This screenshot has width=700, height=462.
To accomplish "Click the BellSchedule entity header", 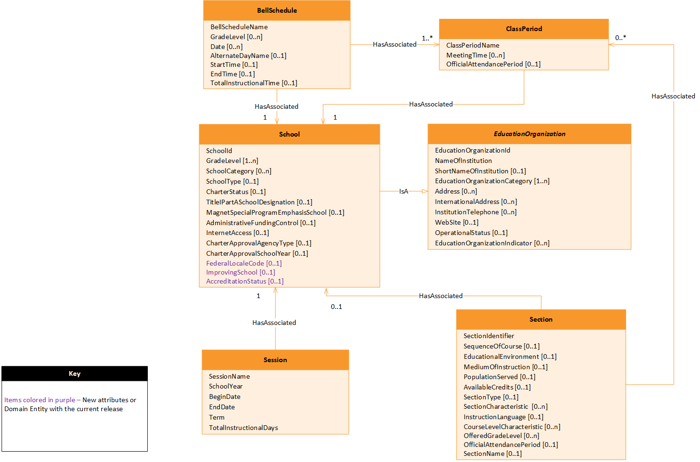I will [x=277, y=10].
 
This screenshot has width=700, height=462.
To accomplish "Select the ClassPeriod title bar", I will [x=523, y=29].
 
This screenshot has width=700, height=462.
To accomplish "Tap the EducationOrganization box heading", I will [x=529, y=134].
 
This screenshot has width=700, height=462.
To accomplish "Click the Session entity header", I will [x=275, y=360].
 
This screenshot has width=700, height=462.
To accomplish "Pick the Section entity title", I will [x=541, y=319].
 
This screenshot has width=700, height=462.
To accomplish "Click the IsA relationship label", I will [x=403, y=191].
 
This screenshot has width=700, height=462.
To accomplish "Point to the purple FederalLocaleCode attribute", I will [x=243, y=263].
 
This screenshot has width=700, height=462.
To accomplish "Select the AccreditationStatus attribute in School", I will [x=244, y=281].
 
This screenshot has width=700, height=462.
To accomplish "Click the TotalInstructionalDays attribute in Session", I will [x=243, y=428].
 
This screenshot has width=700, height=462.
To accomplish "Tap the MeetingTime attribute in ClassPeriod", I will [x=475, y=55].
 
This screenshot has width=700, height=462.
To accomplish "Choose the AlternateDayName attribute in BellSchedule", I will [x=248, y=56].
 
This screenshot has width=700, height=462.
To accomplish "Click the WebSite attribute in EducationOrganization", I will [x=456, y=222].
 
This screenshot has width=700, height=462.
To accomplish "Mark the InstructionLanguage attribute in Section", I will [x=503, y=417].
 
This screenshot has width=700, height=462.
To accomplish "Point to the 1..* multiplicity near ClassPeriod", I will [x=427, y=38].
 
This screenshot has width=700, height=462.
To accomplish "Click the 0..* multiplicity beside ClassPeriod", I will [x=620, y=38].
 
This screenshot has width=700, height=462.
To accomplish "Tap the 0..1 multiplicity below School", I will [x=336, y=307].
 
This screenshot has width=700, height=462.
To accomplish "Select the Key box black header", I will [x=74, y=373].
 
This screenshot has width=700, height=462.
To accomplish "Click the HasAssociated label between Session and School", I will [x=274, y=323].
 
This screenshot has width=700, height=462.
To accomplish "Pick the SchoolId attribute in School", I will [x=219, y=151].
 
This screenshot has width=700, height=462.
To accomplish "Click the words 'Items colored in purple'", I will [x=40, y=400].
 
